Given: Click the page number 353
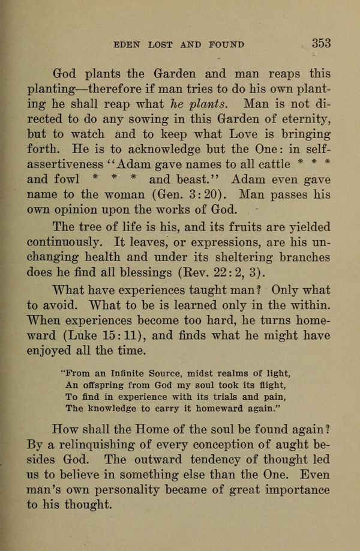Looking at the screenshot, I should click(x=321, y=43).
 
